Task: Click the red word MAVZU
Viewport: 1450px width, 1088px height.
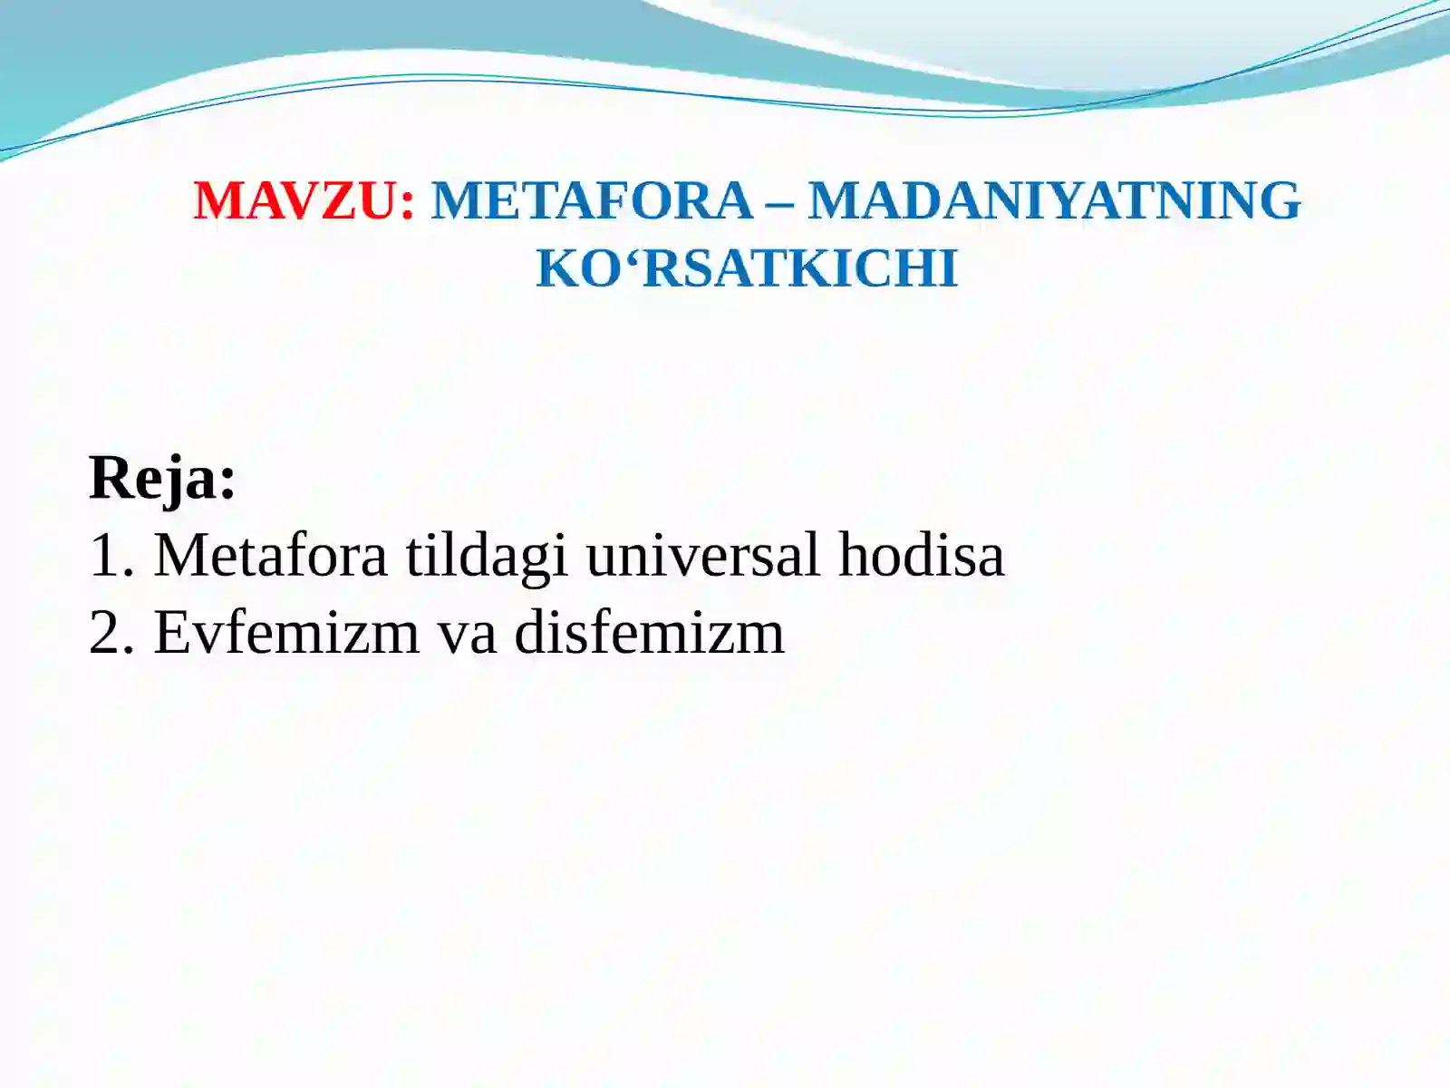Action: tap(295, 201)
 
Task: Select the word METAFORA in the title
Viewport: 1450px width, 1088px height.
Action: tap(592, 201)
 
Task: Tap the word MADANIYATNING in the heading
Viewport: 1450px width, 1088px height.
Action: tap(1054, 201)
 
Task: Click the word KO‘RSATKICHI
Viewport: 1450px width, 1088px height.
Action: tap(747, 269)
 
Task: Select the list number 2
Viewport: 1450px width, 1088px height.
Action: tap(105, 632)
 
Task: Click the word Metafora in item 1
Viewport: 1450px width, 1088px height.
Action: tap(270, 555)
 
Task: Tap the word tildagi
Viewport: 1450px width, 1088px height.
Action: tap(487, 555)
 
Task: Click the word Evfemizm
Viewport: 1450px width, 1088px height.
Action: tap(286, 632)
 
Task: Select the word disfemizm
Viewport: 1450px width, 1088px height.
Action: tap(649, 632)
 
